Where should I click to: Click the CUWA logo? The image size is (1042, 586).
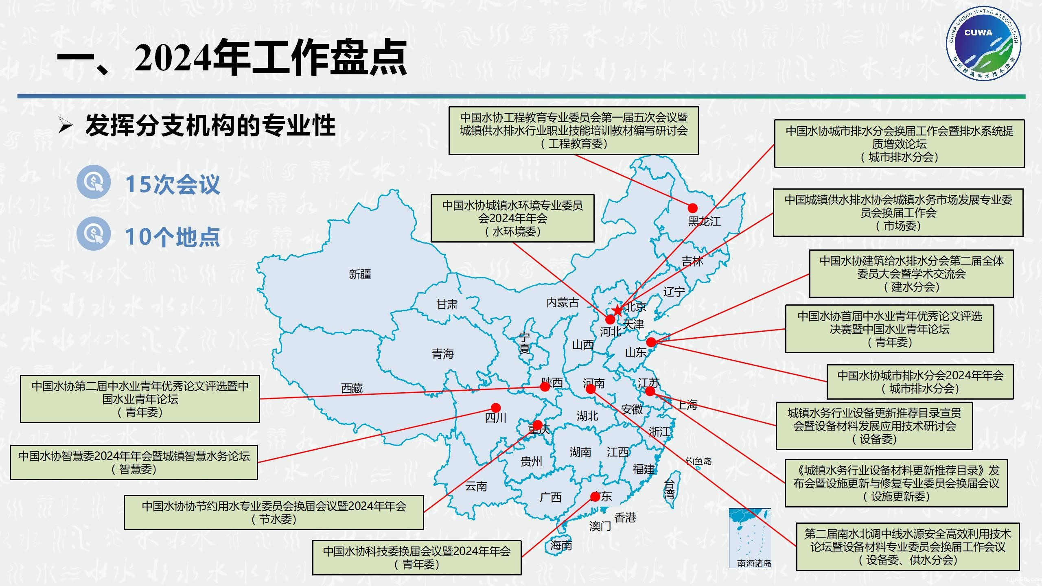coord(983,44)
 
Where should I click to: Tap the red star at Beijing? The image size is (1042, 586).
coord(617,310)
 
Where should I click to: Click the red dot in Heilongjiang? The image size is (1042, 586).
coord(692,208)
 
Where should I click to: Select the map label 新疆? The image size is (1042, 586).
coord(360,274)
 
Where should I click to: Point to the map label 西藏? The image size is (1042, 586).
coord(352,389)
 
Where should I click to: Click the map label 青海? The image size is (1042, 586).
coord(442,354)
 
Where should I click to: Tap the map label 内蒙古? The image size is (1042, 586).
coord(562,303)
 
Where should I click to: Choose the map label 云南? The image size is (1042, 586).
coord(476,486)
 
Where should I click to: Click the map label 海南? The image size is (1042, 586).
coord(561,545)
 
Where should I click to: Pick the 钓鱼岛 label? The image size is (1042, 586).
coord(698,461)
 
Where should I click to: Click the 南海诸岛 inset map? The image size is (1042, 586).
coord(749,537)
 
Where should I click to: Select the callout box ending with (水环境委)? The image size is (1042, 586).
coord(512,219)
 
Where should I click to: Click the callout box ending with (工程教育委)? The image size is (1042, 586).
coord(574,131)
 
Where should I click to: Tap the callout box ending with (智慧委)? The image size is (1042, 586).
coord(134,463)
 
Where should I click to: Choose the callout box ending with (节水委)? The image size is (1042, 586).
coord(274,512)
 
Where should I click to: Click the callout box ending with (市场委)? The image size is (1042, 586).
coord(898,212)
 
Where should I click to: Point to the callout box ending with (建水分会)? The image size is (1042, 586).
coord(911,273)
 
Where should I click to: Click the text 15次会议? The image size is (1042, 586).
coord(173,184)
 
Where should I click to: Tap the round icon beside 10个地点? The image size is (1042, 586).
coord(94,234)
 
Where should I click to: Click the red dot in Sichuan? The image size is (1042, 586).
coord(495,408)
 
